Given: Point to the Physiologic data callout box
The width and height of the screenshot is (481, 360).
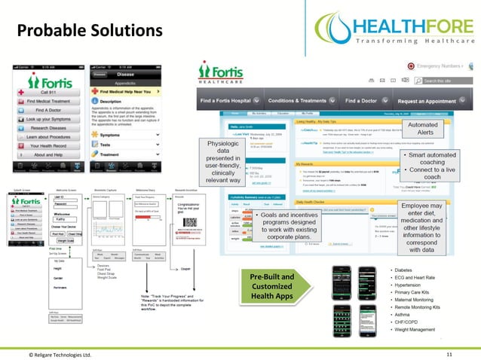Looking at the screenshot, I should (224, 160).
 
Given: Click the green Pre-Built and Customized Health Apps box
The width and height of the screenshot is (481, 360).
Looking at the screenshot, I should (272, 288).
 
